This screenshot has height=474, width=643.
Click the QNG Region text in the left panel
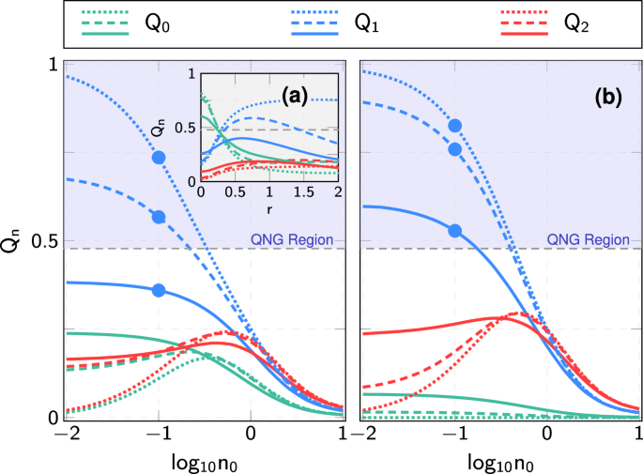(x=291, y=239)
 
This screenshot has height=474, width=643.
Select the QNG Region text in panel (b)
(x=590, y=239)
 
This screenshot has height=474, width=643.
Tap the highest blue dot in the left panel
(x=159, y=158)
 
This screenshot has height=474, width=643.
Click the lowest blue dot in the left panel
(x=159, y=290)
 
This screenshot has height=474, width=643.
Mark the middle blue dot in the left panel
(x=159, y=217)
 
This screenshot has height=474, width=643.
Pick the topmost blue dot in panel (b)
(x=455, y=126)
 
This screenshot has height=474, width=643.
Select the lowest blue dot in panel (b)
(x=455, y=231)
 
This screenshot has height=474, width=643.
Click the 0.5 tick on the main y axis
(x=42, y=241)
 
